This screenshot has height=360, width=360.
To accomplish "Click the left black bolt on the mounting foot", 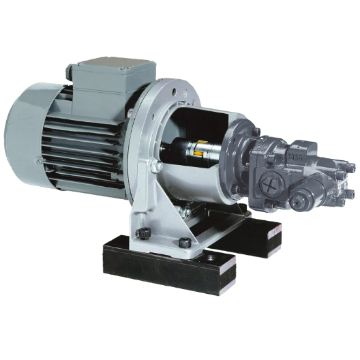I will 145,233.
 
